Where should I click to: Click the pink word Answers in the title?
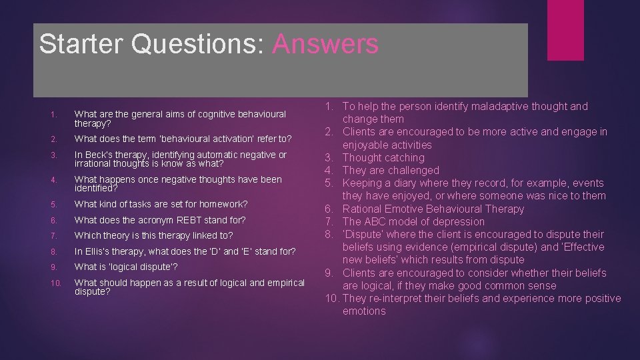pyautogui.click(x=325, y=44)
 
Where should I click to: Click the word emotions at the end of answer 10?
pyautogui.click(x=364, y=311)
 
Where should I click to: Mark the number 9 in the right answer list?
pyautogui.click(x=329, y=273)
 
